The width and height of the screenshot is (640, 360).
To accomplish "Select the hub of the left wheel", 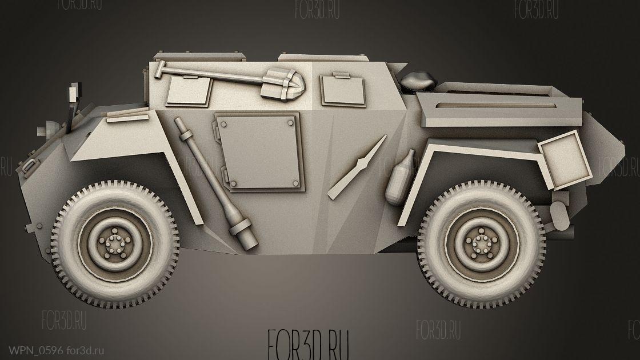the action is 114,244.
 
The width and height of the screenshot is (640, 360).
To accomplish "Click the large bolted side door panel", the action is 260,152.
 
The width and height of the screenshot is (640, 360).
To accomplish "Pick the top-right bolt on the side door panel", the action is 290,122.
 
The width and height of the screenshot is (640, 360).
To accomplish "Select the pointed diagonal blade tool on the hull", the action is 357,167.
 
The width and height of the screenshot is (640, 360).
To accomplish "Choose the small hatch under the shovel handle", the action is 189,91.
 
